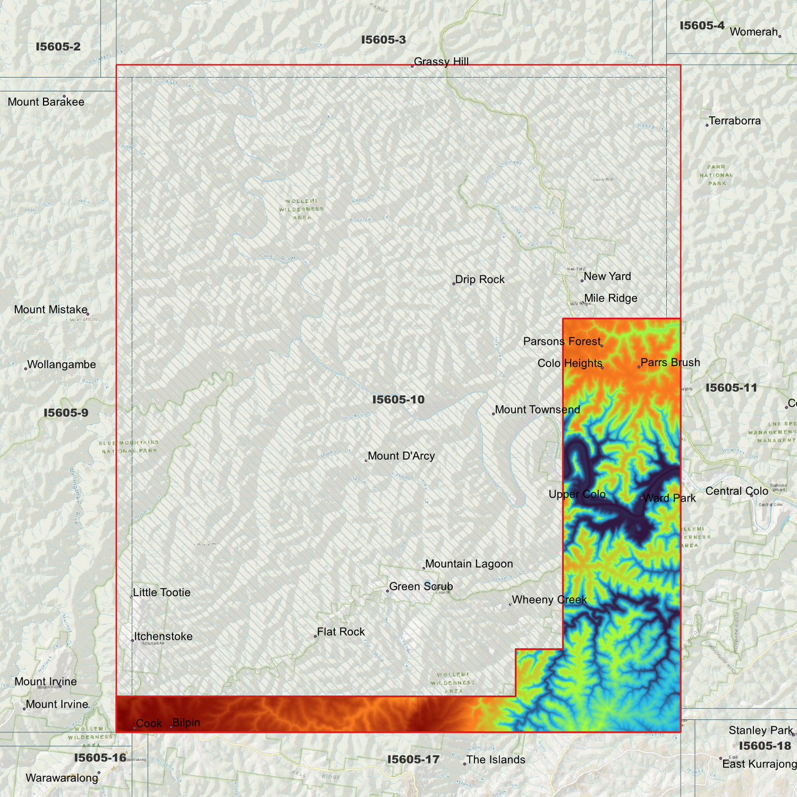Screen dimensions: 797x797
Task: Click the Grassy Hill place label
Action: pos(441,62)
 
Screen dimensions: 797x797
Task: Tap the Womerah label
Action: pos(753,32)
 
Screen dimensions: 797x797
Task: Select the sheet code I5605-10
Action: pos(398,399)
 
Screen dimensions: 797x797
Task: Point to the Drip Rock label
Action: pos(480,280)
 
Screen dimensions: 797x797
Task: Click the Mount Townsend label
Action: pos(537,410)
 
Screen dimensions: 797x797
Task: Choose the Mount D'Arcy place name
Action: pos(401,456)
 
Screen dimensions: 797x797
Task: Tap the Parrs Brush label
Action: pos(670,362)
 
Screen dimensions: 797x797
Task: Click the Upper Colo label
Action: pos(577,494)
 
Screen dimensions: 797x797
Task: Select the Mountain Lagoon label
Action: pos(469,564)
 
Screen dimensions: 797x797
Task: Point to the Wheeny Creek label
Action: pos(549,600)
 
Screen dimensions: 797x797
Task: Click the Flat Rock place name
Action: pos(341,632)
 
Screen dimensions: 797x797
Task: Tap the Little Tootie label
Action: pos(162,592)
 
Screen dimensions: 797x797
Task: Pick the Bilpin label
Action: pos(186,723)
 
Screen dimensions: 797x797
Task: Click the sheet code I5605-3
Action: pos(383,40)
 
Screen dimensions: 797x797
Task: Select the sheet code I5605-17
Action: pos(413,759)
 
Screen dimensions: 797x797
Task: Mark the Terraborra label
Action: pos(735,121)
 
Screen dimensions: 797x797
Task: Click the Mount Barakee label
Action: pos(46,102)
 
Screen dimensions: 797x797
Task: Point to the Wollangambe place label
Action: pos(61,365)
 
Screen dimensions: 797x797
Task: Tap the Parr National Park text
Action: pos(716,175)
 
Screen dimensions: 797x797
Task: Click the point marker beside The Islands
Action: pos(464,764)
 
